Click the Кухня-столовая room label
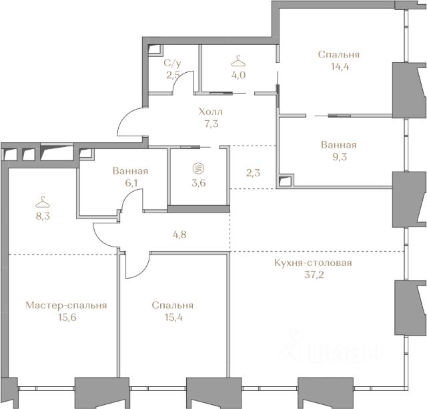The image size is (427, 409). [313, 263]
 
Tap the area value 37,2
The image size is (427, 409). [314, 275]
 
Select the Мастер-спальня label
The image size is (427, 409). [66, 305]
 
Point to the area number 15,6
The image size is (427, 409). [67, 317]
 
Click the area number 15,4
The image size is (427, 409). [173, 317]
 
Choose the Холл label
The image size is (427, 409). [211, 112]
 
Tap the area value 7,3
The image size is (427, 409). [211, 124]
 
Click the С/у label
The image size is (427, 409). [172, 63]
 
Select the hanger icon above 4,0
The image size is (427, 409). [238, 61]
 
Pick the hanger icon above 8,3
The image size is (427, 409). [43, 202]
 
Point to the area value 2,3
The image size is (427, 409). [253, 172]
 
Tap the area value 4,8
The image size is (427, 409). [179, 235]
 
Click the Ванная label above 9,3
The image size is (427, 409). [338, 144]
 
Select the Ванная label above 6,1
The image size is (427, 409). [130, 171]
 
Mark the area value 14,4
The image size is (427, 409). [340, 67]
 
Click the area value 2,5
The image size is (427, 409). [173, 75]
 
